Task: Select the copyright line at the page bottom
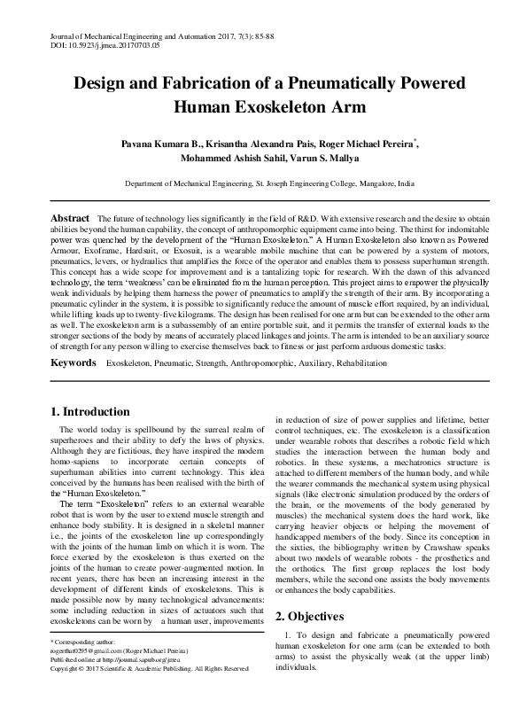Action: click(148, 693)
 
